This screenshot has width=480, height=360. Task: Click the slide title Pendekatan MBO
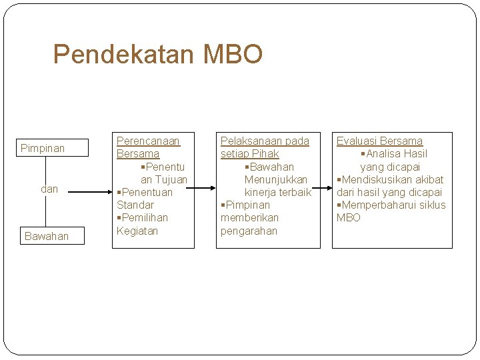[x=157, y=54]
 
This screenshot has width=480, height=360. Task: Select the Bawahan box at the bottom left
[x=46, y=236]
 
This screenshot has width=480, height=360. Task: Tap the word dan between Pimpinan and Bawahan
[x=49, y=189]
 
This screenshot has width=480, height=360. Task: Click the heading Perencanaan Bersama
[x=148, y=147]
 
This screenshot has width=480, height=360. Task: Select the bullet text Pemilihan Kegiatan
[x=142, y=225]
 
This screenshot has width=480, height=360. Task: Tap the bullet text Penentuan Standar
[x=144, y=199]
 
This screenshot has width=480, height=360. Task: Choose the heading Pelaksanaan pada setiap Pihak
[x=265, y=147]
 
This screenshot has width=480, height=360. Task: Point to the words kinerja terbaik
[x=277, y=192]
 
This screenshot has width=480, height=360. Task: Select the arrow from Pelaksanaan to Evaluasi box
[x=326, y=191]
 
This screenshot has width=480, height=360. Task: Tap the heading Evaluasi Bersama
[x=379, y=141]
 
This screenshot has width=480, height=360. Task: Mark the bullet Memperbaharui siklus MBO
[x=391, y=211]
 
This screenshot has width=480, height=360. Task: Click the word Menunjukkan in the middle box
[x=276, y=179]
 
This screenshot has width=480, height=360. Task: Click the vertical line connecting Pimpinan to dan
[x=46, y=169]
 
